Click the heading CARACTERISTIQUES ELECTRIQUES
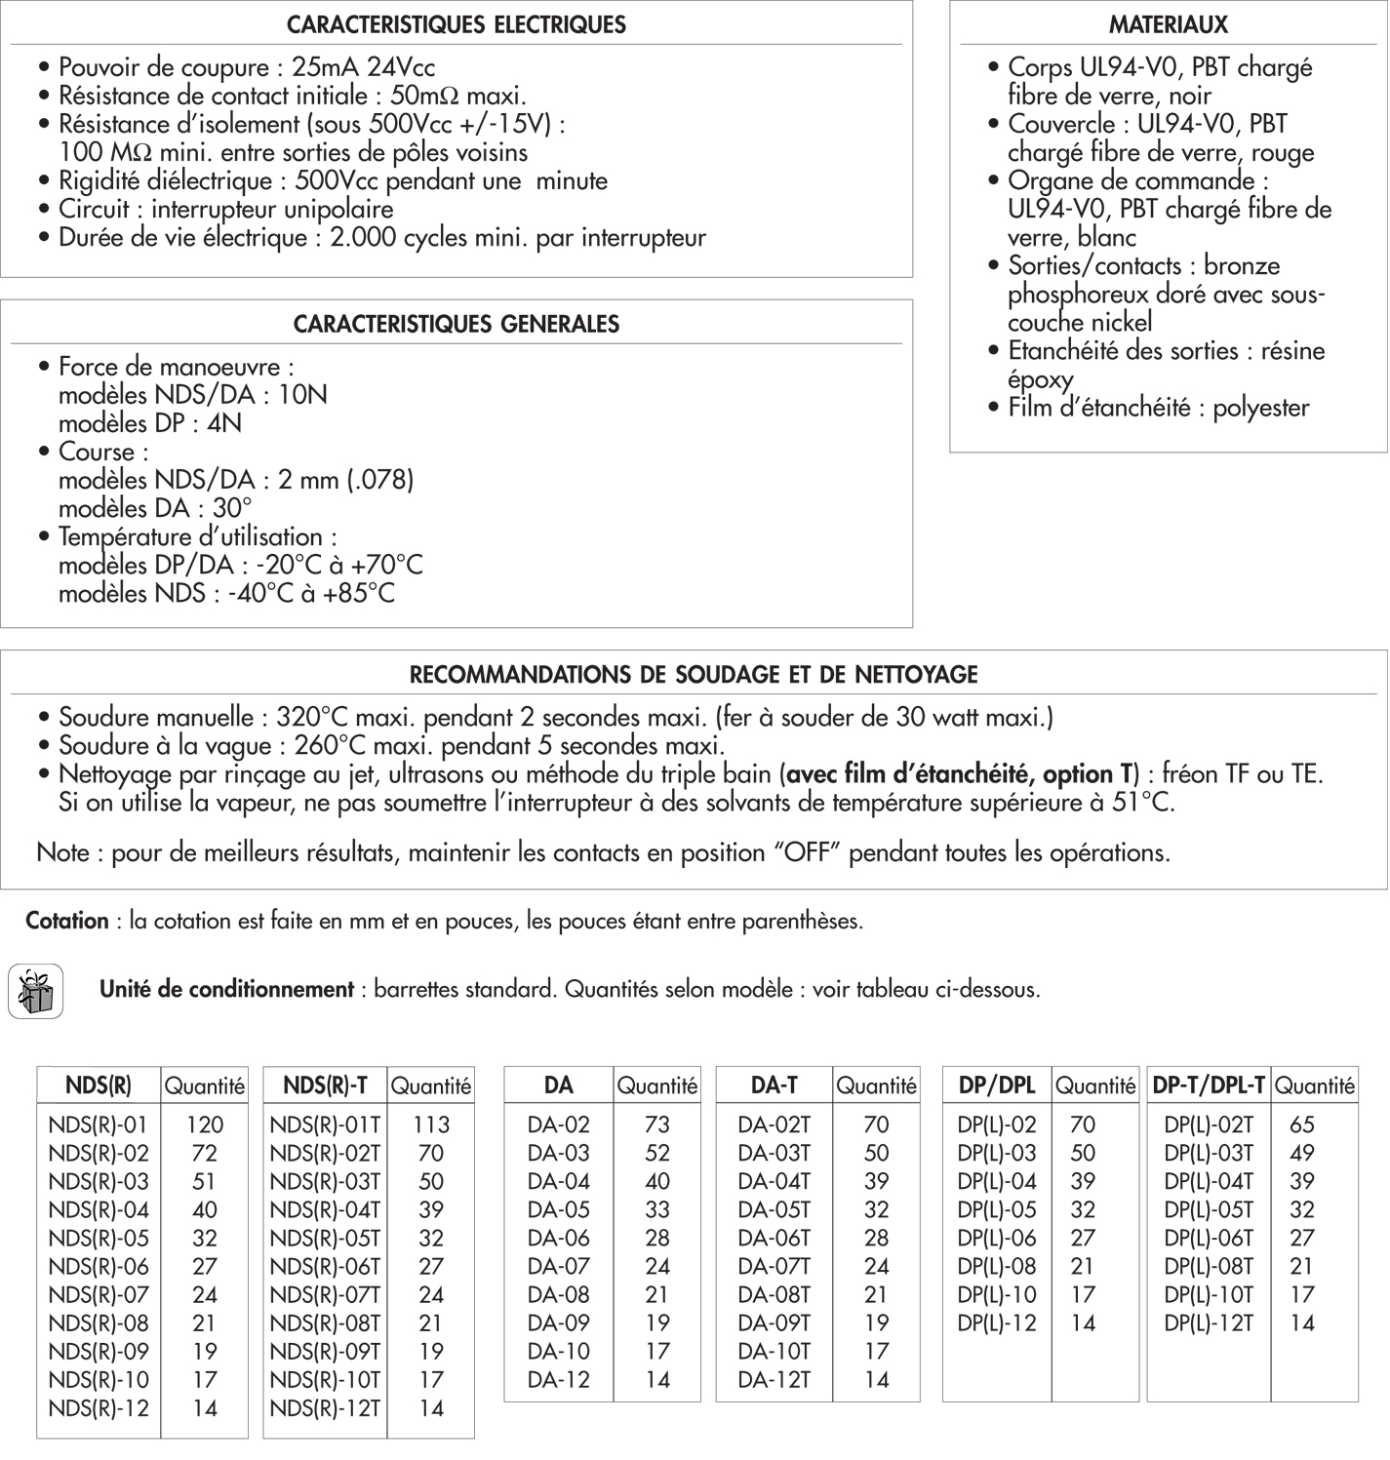coord(457,24)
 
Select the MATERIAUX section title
coord(1168,24)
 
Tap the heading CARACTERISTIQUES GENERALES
coord(457,324)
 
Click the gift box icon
coord(35,991)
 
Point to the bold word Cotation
coord(67,921)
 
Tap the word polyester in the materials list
coord(1260,408)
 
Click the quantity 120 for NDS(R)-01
coord(205,1125)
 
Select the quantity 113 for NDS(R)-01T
coord(430,1125)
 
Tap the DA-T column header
coord(774,1085)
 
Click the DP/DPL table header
coord(996,1085)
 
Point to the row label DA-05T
coord(774,1209)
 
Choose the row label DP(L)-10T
coord(1209,1294)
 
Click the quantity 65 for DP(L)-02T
coord(1301,1125)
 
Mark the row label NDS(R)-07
coord(99,1294)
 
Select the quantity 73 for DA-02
coord(657,1125)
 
